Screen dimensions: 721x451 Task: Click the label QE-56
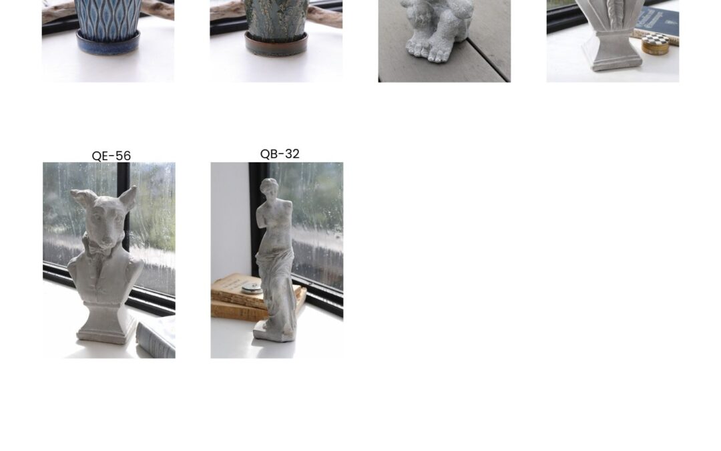[111, 156]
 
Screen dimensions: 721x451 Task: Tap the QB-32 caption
[280, 154]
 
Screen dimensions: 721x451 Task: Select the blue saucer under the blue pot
[108, 42]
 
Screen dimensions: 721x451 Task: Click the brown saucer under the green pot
[276, 44]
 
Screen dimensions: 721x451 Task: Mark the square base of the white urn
[611, 51]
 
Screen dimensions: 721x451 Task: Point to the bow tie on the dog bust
[98, 249]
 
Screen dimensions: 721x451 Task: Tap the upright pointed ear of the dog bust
[128, 198]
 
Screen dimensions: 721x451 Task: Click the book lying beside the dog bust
[156, 338]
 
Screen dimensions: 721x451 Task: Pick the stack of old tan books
[248, 297]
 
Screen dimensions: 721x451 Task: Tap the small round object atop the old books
[252, 287]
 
